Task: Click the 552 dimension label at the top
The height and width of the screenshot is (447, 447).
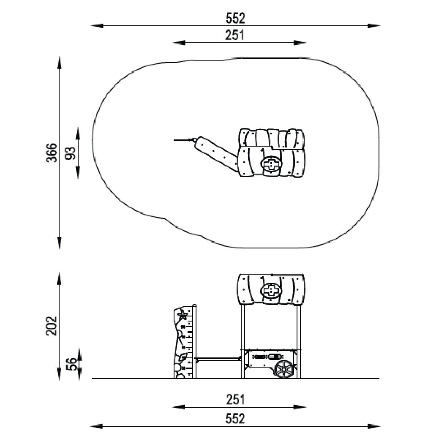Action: [235, 19]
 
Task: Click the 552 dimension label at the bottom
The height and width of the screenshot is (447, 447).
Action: [235, 419]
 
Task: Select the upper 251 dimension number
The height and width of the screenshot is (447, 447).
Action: [235, 35]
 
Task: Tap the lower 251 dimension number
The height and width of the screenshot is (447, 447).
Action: [235, 400]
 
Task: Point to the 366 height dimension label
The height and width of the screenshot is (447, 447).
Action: [52, 153]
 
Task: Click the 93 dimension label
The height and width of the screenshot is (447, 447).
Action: [71, 153]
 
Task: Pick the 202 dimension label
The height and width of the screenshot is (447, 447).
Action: [52, 326]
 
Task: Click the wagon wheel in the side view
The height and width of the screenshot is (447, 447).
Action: [283, 369]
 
